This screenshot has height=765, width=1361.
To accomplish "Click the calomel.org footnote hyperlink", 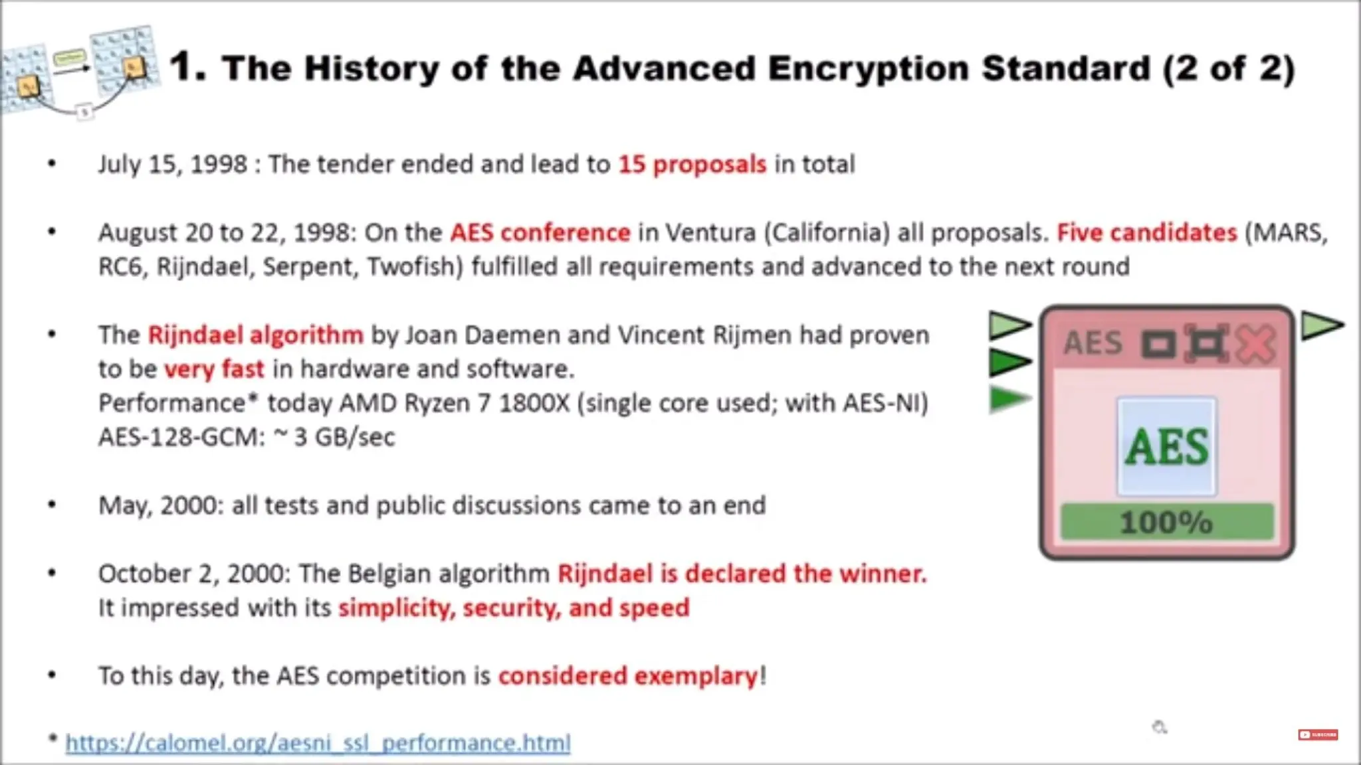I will pos(318,742).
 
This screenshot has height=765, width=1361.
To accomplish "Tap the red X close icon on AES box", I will pos(1256,344).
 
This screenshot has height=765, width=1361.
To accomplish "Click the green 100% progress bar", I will pos(1167,522).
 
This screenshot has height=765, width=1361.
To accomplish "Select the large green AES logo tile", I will pos(1167,446).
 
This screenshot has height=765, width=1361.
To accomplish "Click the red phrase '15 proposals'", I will pos(692,164).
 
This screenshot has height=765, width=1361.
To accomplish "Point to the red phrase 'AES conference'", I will pos(540,232).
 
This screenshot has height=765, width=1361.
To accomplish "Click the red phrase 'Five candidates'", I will pos(1147,232).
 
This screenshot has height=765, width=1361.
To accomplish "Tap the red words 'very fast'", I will pos(214,369).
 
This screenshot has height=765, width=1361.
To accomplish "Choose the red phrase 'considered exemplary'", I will pos(627,676).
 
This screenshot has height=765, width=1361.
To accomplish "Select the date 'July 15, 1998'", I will pos(172,164).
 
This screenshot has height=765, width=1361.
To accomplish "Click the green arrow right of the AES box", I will pos(1321,325).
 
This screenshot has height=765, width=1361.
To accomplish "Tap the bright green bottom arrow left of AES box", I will pos(1008,399).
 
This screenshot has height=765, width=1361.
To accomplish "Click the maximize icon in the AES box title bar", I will pos(1207,344).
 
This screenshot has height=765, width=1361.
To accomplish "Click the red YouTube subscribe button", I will pos(1317,734).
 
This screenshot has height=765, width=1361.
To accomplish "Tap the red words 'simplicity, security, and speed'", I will pos(514,608).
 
